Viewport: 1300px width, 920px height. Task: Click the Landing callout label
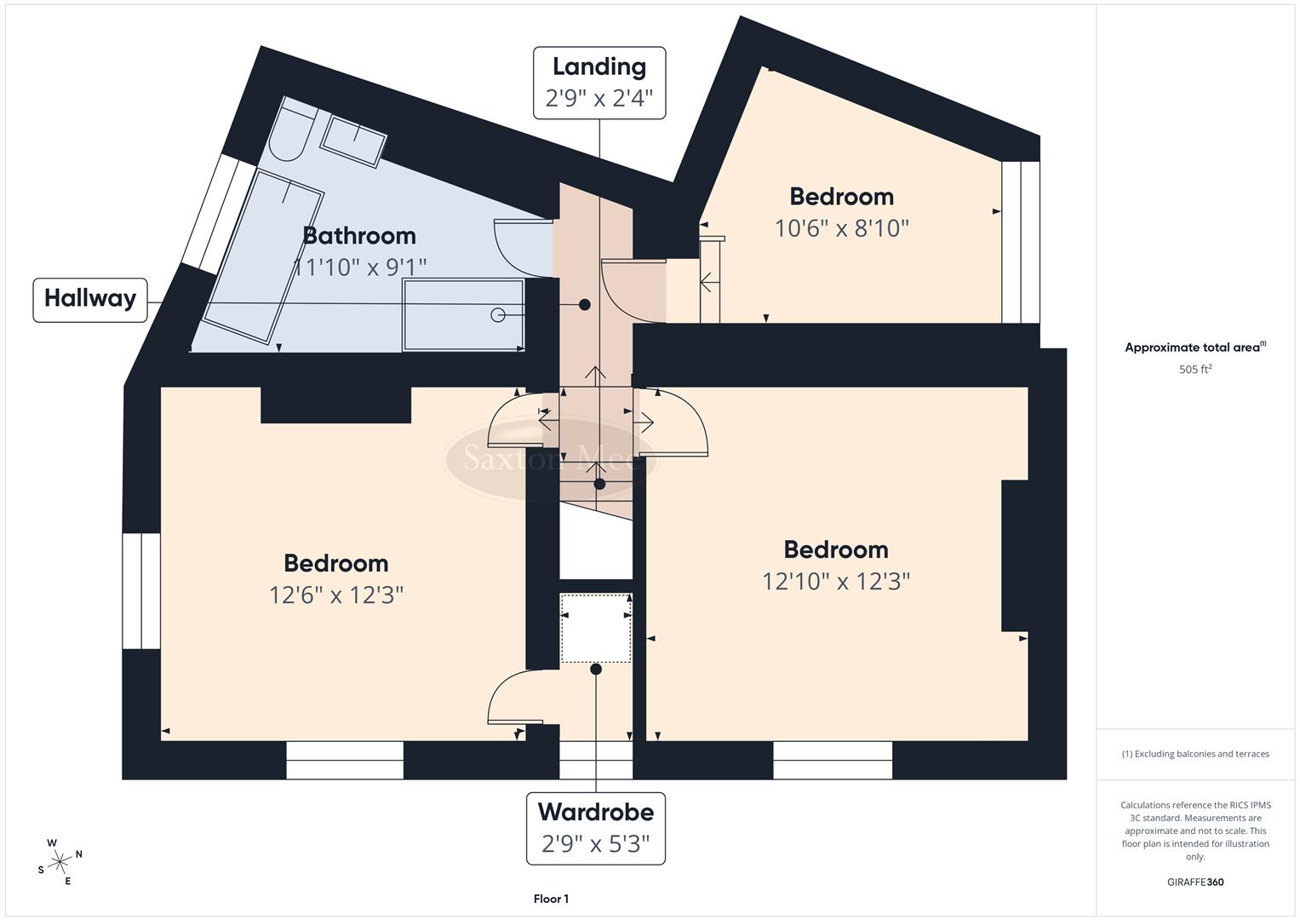(x=599, y=83)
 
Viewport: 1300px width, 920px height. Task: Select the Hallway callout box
(x=90, y=299)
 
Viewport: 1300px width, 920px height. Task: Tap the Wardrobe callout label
(x=596, y=827)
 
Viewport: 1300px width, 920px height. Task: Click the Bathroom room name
(x=359, y=236)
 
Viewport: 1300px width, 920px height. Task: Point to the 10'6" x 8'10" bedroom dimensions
(x=841, y=228)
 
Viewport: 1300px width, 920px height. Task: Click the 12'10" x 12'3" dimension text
(x=835, y=581)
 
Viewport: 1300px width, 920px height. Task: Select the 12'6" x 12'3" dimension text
(x=336, y=595)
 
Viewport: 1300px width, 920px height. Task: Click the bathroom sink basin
(x=354, y=140)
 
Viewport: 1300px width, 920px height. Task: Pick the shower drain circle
(x=498, y=315)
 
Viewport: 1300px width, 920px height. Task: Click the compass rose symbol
(x=60, y=861)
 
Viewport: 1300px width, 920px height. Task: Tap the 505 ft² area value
(x=1195, y=370)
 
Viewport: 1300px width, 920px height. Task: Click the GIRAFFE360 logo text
(x=1195, y=882)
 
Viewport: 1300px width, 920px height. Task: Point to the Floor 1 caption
(x=551, y=899)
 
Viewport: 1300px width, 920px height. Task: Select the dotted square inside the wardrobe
(x=596, y=629)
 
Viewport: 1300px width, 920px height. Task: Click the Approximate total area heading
(x=1195, y=348)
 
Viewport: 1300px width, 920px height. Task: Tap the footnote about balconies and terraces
(x=1195, y=754)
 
